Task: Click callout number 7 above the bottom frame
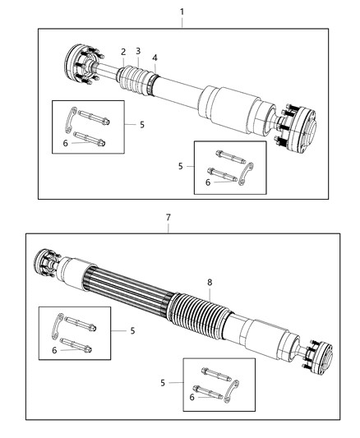pos(168,218)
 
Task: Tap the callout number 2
pos(124,52)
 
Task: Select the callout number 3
pos(138,52)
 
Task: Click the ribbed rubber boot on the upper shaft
pos(136,80)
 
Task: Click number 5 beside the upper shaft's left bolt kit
pos(141,124)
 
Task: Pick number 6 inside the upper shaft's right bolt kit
pos(209,182)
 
